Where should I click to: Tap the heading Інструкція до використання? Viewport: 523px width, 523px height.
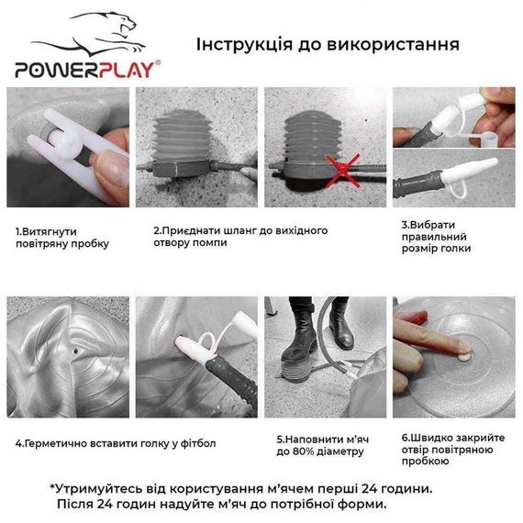coord(327,44)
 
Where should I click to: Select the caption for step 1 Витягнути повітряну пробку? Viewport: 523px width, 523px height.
coord(62,237)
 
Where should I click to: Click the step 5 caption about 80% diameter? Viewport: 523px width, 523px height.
coord(321,444)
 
